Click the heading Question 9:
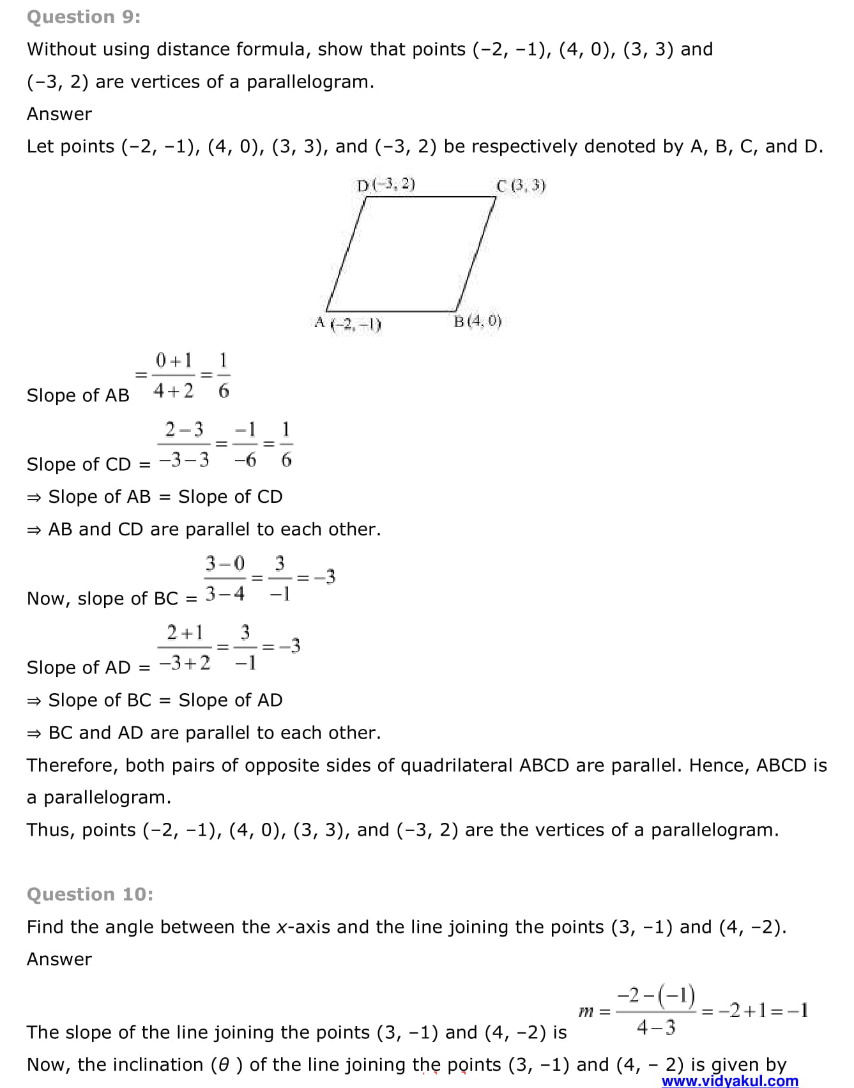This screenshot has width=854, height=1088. click(83, 17)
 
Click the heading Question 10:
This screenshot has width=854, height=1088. click(89, 894)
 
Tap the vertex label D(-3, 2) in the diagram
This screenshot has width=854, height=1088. click(386, 185)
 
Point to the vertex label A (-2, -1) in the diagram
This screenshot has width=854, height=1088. click(348, 323)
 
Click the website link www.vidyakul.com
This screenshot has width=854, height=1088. click(729, 1080)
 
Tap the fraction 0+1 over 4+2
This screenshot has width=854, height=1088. click(174, 376)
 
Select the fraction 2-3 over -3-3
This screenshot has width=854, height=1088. click(184, 445)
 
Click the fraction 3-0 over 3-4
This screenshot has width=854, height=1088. click(225, 579)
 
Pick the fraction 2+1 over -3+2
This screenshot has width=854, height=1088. click(185, 648)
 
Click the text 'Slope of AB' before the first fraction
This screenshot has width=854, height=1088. click(78, 395)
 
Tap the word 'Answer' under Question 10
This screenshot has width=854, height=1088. click(59, 959)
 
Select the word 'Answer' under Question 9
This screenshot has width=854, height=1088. click(59, 114)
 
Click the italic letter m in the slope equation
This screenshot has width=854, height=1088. click(586, 1011)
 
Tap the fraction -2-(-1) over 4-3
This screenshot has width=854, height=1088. click(656, 1011)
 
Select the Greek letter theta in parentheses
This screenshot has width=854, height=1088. click(224, 1064)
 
